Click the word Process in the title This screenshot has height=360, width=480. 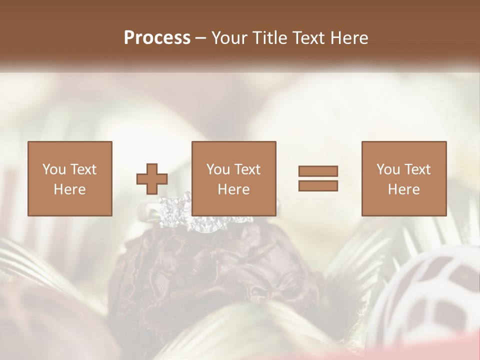157,38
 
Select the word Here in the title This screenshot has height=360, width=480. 348,38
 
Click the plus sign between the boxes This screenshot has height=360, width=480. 152,178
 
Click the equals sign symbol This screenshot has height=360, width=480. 318,178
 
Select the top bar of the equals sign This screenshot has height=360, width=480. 318,171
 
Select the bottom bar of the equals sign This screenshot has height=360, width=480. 318,186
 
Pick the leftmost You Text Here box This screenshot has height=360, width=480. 69,178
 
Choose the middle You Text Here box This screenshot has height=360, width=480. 233,178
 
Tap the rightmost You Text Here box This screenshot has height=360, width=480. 403,178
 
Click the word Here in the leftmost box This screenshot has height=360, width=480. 69,189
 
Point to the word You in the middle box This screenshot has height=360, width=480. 218,169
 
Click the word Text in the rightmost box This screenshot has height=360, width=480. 417,169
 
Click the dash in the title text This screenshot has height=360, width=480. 200,38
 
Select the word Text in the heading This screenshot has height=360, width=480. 308,38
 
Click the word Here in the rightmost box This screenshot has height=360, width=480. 403,189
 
